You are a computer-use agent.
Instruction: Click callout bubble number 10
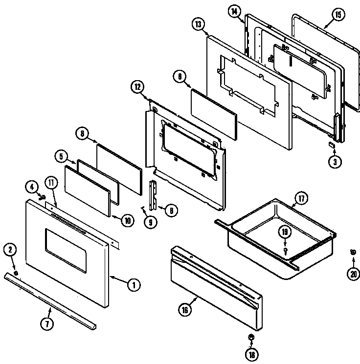pos(127,220)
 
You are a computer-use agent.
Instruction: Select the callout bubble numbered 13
pos(198,25)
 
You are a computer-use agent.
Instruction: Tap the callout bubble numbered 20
pos(352,274)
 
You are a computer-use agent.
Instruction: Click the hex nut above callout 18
pos(250,337)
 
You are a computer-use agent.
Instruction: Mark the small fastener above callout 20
pos(352,252)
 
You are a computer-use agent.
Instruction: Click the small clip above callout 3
pos(332,145)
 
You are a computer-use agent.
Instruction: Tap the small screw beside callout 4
pos(42,198)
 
